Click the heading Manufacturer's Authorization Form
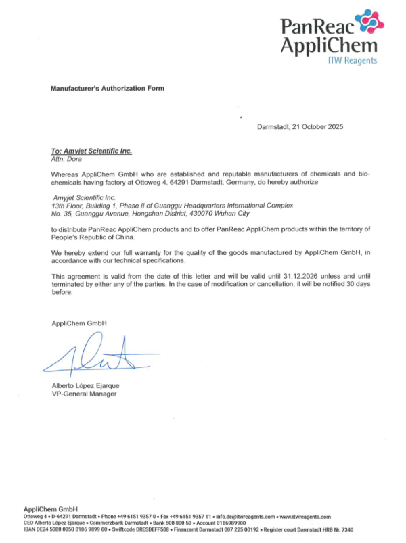coord(108,89)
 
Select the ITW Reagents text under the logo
coord(353,60)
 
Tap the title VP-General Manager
coord(81,394)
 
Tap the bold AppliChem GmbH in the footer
coord(51,509)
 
